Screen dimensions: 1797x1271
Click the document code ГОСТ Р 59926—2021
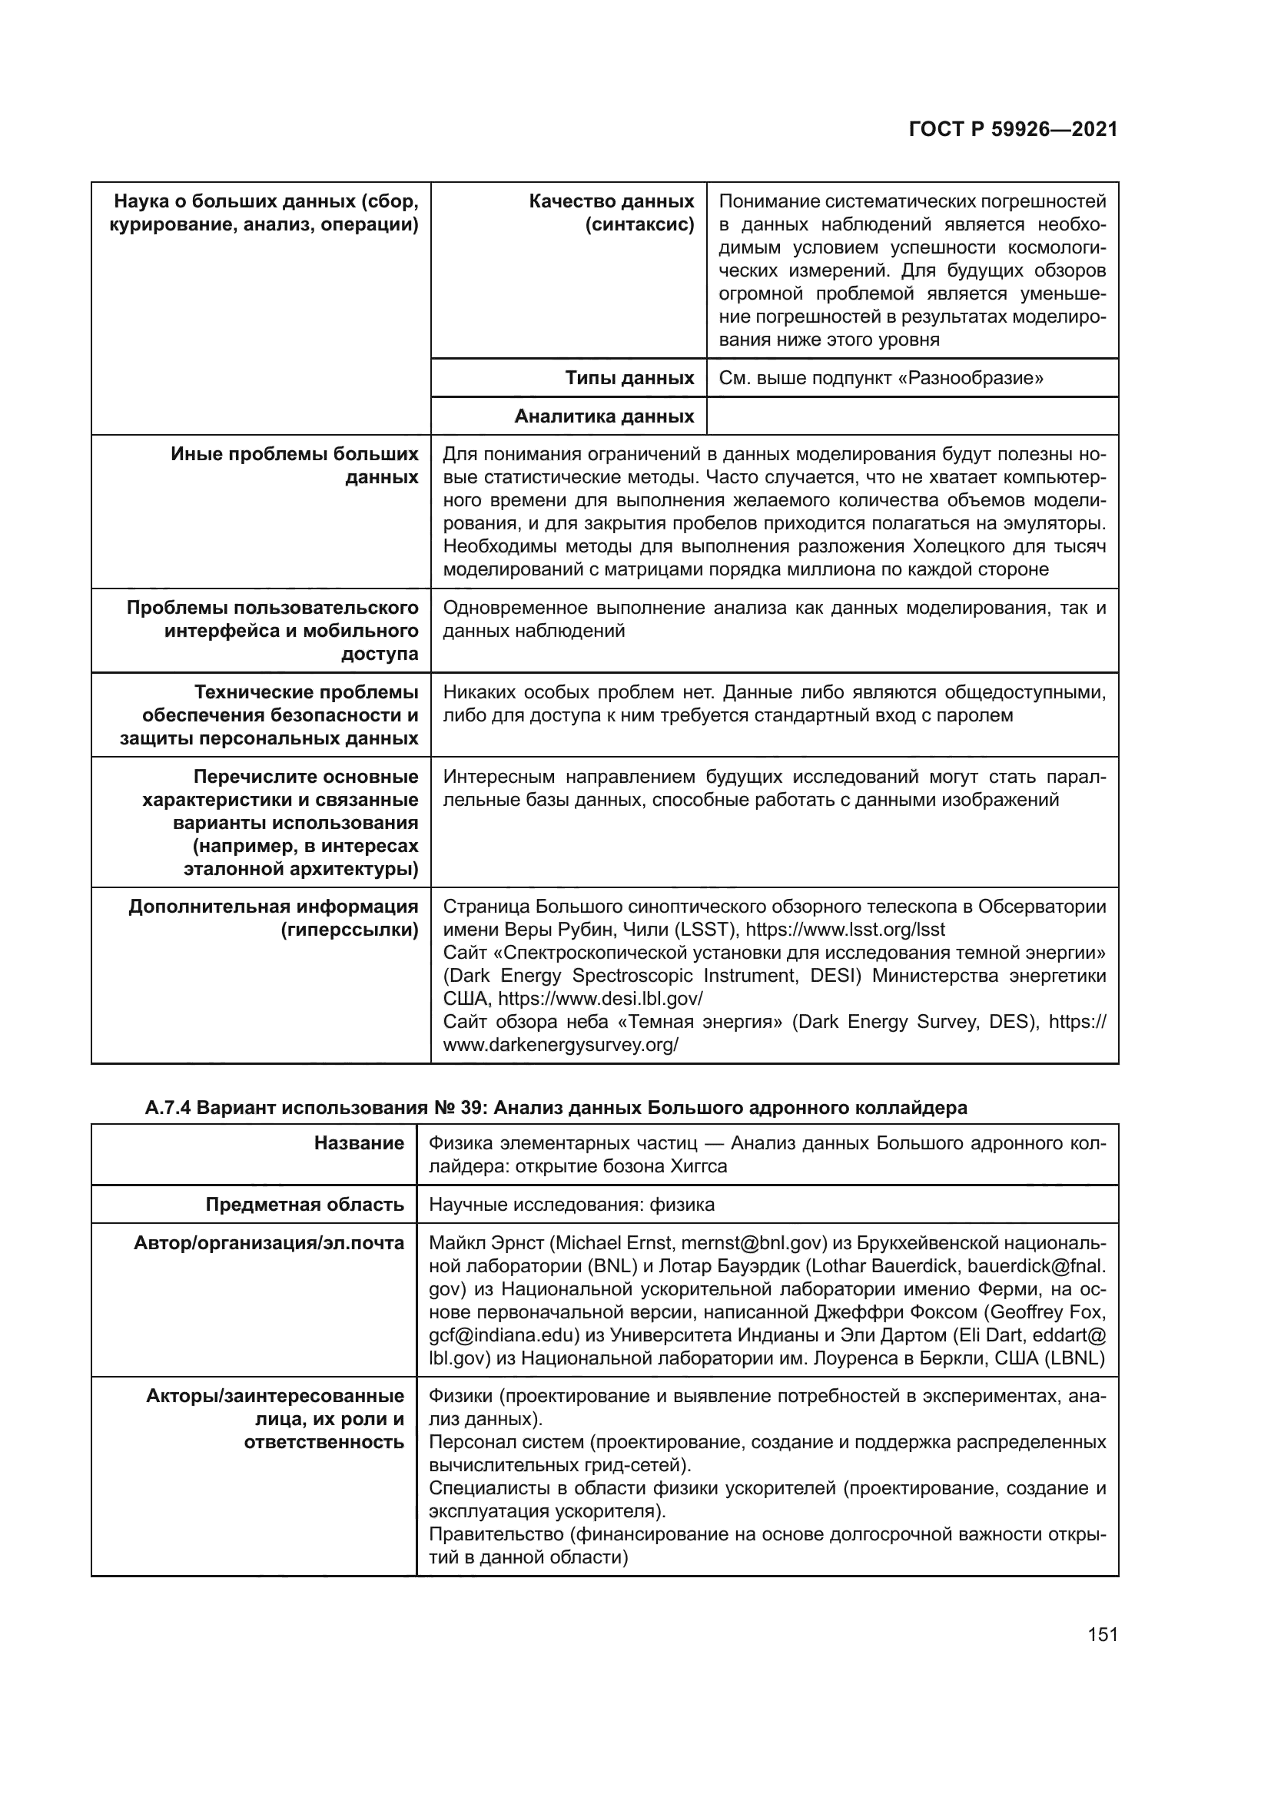point(1013,130)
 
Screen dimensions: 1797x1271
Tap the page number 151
point(1102,1634)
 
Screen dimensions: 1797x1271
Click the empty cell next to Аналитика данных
point(912,416)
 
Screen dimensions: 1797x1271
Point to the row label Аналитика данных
point(603,416)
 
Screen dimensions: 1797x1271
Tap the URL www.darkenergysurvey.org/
point(560,1045)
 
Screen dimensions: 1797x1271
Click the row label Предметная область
point(304,1205)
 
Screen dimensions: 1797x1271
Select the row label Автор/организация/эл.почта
point(269,1244)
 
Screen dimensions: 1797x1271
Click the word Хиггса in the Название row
point(698,1167)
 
